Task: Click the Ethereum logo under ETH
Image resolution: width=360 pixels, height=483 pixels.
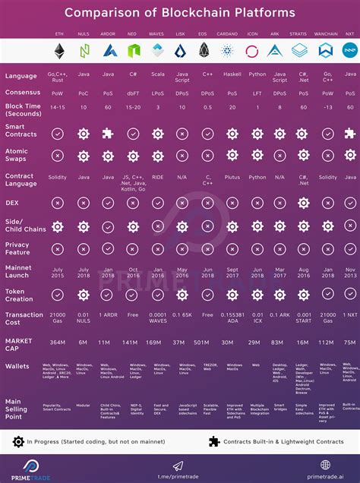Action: [x=59, y=52]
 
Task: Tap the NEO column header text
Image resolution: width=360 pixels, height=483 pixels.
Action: [x=133, y=35]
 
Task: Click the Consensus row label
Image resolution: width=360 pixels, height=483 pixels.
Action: [x=21, y=91]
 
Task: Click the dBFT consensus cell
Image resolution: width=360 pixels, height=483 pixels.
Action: [x=133, y=91]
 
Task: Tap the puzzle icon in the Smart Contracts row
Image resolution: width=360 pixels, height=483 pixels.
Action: [x=109, y=133]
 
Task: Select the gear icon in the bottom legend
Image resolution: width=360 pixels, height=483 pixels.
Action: [x=18, y=441]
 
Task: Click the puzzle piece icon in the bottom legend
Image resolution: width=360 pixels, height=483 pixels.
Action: [x=214, y=441]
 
